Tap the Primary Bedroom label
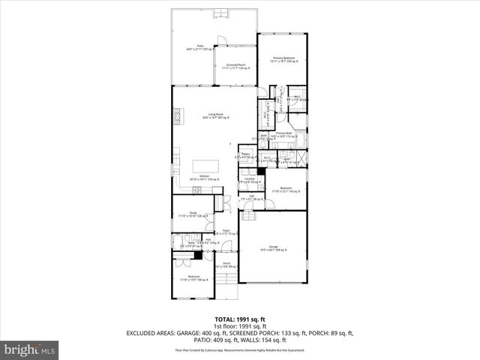[284, 59]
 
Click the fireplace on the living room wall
[177, 117]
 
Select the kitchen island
[204, 166]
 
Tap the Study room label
[192, 214]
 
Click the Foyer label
[226, 232]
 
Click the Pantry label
[244, 155]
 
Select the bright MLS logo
[30, 349]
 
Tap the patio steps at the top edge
[222, 12]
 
